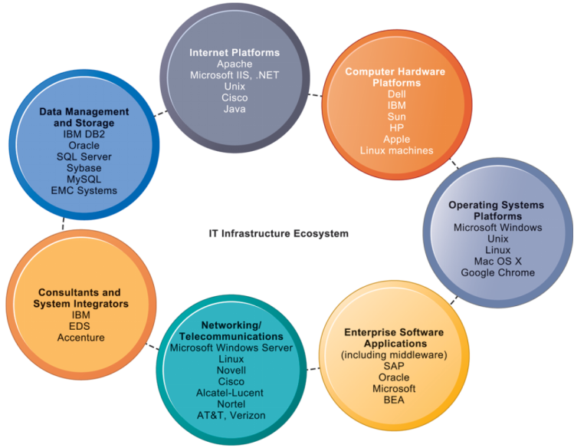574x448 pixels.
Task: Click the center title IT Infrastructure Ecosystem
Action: [279, 232]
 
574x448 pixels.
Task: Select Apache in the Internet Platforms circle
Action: [235, 64]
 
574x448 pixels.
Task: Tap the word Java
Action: [235, 109]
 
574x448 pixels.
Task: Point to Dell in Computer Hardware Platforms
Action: [396, 94]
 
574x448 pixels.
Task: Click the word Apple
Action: [396, 139]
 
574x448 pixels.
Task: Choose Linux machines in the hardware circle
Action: [396, 150]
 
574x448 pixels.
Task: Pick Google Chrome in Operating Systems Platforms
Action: [497, 273]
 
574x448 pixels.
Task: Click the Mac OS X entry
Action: [497, 262]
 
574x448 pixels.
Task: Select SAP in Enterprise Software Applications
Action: [394, 366]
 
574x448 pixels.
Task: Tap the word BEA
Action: [394, 400]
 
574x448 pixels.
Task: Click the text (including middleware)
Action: [394, 354]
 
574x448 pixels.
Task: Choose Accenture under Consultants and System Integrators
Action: [80, 338]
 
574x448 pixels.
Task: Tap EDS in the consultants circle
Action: [80, 326]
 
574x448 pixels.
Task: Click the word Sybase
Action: [84, 167]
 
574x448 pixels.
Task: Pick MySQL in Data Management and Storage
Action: [84, 179]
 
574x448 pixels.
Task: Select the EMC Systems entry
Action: [84, 190]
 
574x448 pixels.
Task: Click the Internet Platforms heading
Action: [235, 52]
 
